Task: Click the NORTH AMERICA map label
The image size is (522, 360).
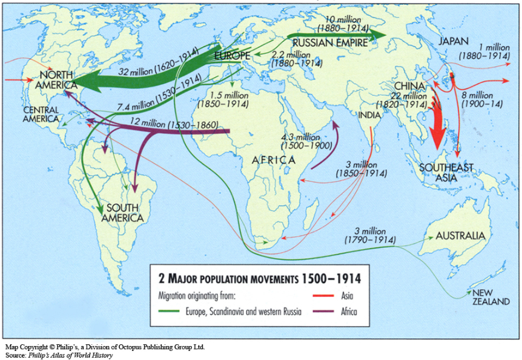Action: coord(54,79)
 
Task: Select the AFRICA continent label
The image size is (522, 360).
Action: coord(275,160)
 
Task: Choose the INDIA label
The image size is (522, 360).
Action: coord(369,115)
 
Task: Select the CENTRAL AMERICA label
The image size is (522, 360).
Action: coord(42,114)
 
